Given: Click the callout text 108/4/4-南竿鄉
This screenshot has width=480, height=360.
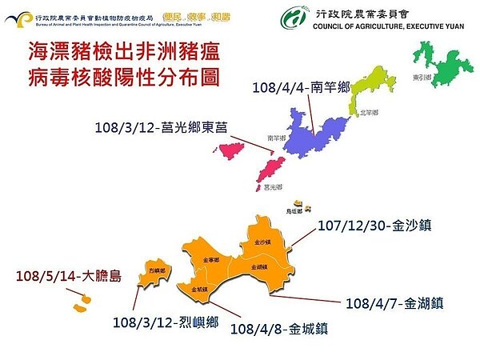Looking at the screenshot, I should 300,87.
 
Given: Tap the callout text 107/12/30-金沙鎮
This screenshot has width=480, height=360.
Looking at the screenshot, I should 374,226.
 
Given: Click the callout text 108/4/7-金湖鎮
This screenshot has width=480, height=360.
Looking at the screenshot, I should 394,304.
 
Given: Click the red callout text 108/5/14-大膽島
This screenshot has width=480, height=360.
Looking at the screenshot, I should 68,277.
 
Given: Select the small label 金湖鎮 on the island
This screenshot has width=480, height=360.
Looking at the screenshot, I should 258,266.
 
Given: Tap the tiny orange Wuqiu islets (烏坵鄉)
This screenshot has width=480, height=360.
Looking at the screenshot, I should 297,206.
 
